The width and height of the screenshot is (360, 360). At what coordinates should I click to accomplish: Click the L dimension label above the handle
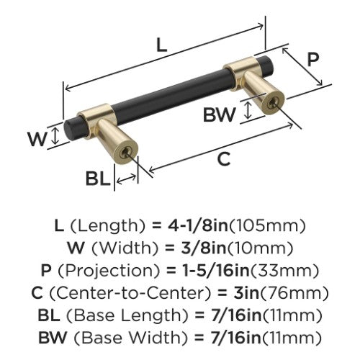click(161, 45)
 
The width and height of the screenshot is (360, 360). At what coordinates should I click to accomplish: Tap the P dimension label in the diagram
click(313, 59)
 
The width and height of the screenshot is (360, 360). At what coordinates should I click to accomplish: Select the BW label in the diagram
click(220, 114)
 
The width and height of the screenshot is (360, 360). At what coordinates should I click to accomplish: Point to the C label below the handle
click(224, 158)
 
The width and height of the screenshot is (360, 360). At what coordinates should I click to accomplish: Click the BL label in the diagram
click(98, 179)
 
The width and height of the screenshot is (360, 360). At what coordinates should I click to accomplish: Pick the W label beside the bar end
click(37, 139)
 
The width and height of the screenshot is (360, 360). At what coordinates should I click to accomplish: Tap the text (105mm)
click(267, 225)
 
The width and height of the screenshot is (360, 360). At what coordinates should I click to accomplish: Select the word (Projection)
click(109, 271)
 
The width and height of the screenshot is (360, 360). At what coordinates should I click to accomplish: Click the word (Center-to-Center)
click(131, 293)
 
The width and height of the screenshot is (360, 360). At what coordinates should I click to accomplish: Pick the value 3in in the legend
click(246, 293)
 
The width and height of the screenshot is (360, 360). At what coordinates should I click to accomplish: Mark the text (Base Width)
click(130, 338)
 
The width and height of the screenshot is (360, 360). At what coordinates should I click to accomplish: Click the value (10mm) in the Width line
click(260, 248)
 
